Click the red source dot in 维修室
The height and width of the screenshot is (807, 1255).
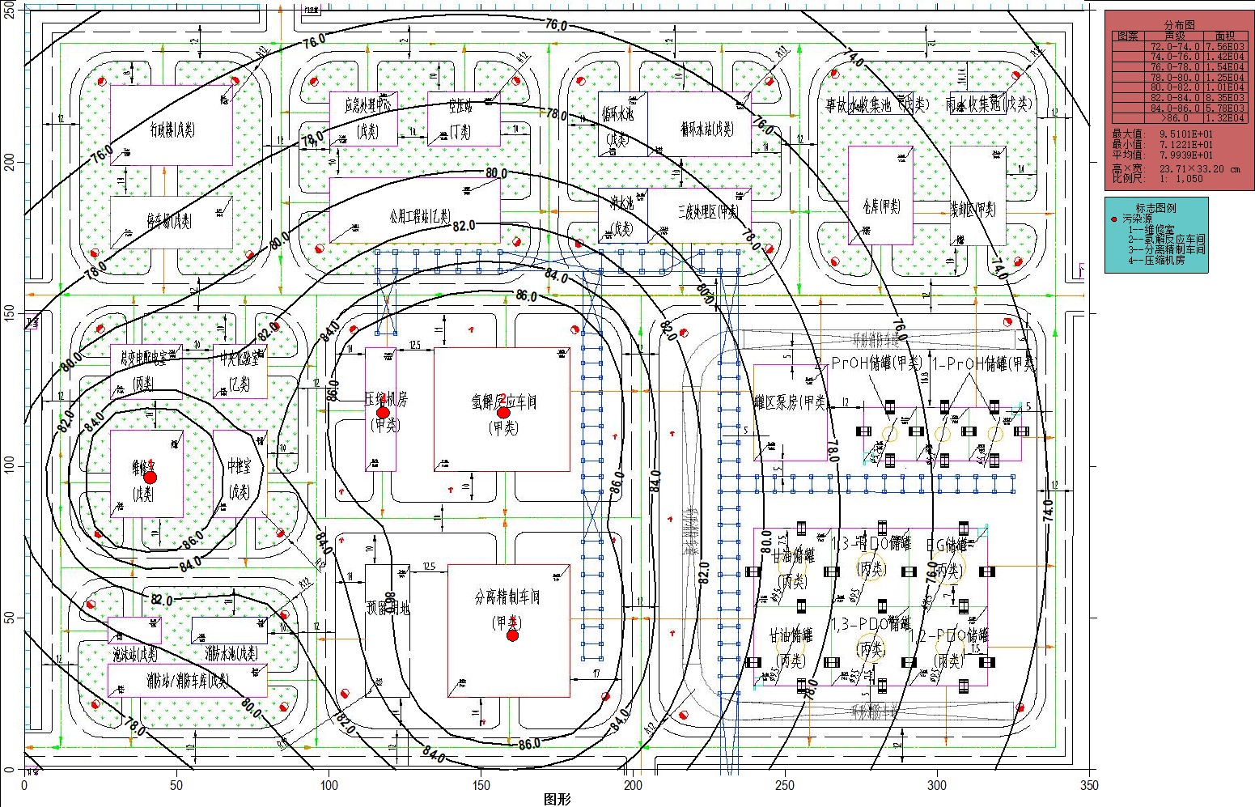[x=150, y=477]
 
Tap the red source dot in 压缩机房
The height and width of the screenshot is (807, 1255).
[x=383, y=412]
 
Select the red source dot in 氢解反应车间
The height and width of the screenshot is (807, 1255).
[x=503, y=412]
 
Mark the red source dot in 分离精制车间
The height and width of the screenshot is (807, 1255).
[x=512, y=635]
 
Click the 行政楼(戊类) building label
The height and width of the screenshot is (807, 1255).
[x=171, y=128]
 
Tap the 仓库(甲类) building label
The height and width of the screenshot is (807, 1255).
[x=881, y=206]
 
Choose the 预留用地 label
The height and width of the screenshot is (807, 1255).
[x=387, y=607]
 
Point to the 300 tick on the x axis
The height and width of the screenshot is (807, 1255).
[x=937, y=785]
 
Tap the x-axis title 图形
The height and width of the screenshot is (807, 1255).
[x=558, y=800]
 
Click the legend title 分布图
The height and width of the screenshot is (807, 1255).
[x=1179, y=25]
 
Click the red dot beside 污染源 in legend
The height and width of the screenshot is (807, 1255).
[x=1114, y=219]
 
